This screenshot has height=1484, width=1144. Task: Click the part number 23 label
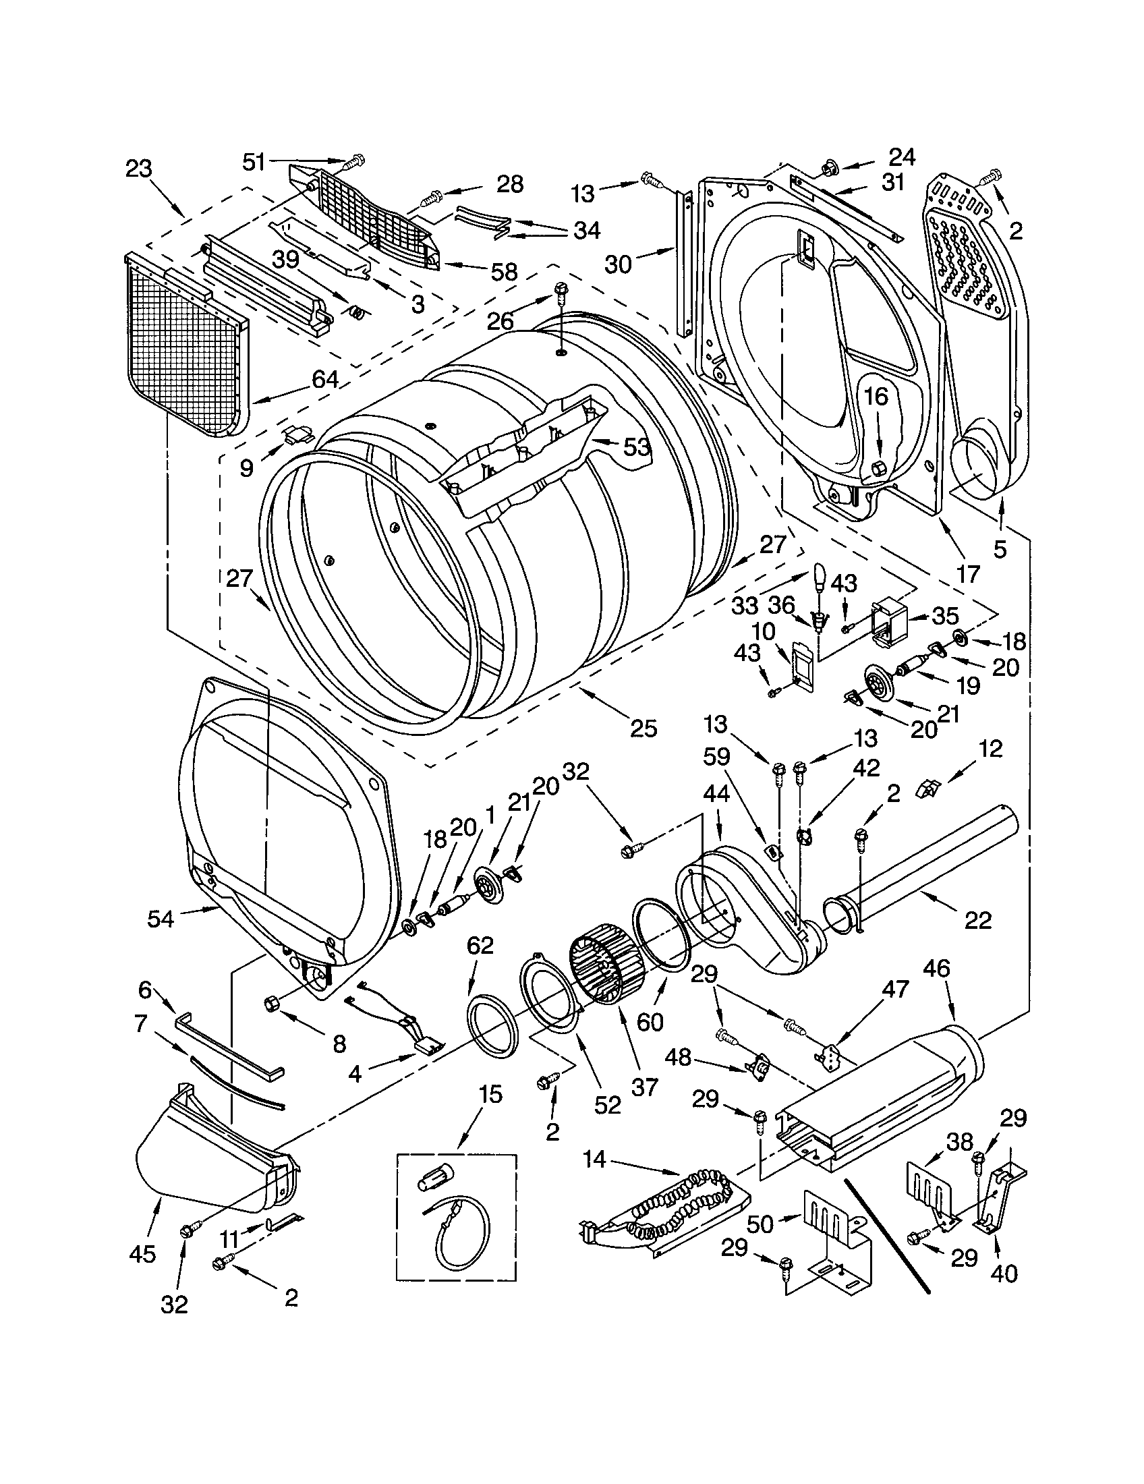pos(138,169)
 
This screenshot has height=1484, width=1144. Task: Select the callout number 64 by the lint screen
pos(324,378)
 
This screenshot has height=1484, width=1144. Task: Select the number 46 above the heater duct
pos(936,969)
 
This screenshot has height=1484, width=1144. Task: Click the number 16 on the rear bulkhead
pos(876,396)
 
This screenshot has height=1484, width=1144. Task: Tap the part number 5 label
pos(999,549)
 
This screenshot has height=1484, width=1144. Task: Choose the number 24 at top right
pos(902,157)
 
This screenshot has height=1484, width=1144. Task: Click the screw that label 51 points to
pos(354,163)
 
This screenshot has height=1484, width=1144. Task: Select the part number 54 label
pos(161,919)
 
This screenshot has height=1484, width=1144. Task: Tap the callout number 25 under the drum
pos(643,729)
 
